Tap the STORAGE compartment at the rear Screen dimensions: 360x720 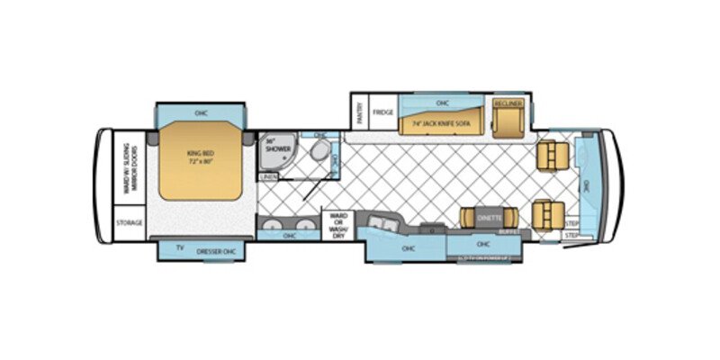(130, 222)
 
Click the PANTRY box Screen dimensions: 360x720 (357, 113)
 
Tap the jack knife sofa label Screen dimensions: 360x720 (441, 122)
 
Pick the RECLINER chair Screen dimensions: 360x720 (508, 115)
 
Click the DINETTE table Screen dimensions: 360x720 (489, 217)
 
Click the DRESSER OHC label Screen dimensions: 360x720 (216, 249)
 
